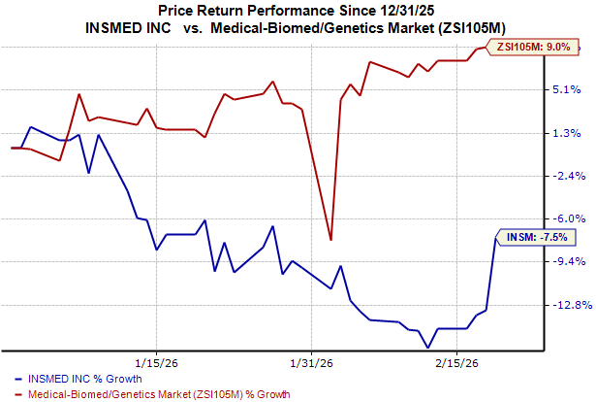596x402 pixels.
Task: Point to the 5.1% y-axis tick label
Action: click(x=568, y=90)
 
